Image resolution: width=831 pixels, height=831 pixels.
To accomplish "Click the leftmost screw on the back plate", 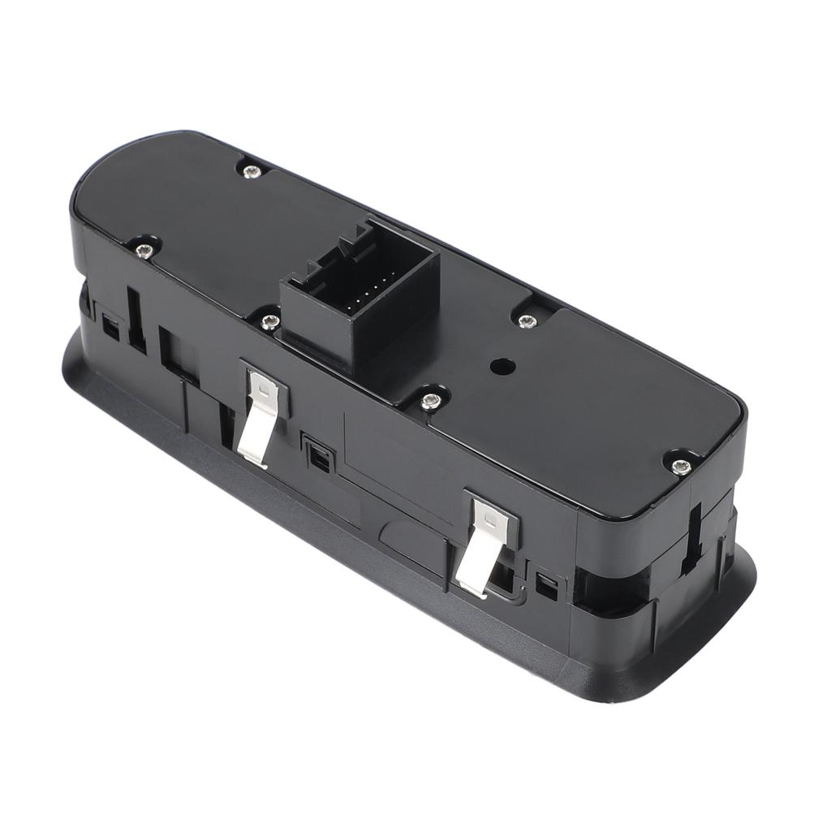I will coord(144,249).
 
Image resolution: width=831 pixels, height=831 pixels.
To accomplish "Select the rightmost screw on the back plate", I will coord(681,466).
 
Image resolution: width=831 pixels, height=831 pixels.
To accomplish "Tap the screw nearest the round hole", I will coord(527,321).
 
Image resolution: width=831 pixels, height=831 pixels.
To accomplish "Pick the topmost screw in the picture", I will coord(252,171).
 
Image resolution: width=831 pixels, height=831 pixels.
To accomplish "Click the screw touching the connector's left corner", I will coord(270,322).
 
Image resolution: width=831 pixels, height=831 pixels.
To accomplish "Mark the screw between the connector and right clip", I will coord(431,399).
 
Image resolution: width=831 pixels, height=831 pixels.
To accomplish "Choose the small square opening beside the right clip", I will coord(546,587).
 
